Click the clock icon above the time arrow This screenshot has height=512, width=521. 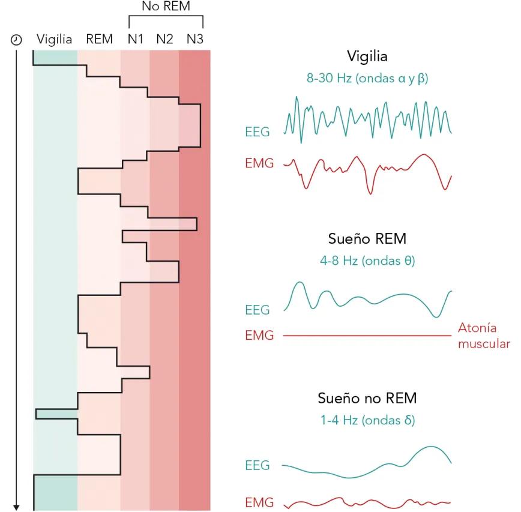[x=17, y=40]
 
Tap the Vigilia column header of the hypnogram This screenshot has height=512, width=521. [x=54, y=40]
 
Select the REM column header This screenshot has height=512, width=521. [x=99, y=40]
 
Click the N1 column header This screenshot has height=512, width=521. [x=135, y=40]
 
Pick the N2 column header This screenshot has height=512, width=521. [x=164, y=40]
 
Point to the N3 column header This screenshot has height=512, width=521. [x=194, y=40]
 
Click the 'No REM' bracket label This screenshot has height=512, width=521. [x=166, y=7]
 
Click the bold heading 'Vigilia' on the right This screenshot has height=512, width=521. [x=367, y=56]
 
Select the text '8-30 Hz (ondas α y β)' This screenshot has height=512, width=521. [x=367, y=79]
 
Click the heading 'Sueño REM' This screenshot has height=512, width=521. [x=367, y=239]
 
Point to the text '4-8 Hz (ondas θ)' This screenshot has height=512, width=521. [x=367, y=262]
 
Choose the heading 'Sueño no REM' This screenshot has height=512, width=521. [x=367, y=399]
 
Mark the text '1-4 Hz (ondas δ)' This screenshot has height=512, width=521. [x=367, y=421]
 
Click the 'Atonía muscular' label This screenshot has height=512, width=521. [x=484, y=336]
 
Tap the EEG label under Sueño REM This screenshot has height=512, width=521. [x=257, y=310]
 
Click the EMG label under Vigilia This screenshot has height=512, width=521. [x=259, y=163]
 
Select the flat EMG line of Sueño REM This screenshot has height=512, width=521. [x=366, y=336]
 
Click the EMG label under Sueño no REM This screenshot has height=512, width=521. [x=259, y=503]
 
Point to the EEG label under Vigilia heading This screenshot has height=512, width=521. [x=257, y=131]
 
